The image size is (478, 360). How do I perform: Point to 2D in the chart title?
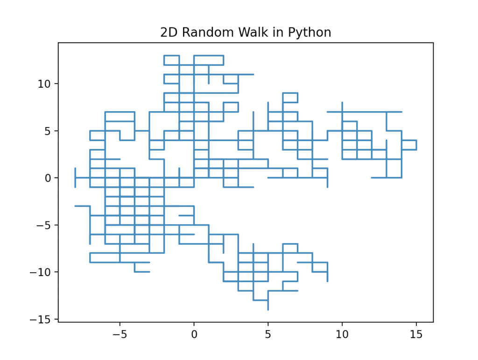click(x=168, y=33)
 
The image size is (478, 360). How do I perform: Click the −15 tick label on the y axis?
click(x=43, y=319)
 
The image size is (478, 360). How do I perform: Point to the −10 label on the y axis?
click(x=43, y=272)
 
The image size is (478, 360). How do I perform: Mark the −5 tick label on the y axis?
click(x=46, y=225)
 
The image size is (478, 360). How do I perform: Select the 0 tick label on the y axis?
click(x=50, y=178)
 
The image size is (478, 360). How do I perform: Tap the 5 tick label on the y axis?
click(x=50, y=131)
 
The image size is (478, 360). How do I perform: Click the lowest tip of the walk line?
click(x=268, y=309)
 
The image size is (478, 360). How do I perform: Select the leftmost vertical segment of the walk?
click(x=75, y=177)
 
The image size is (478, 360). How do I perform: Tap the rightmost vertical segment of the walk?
click(x=416, y=145)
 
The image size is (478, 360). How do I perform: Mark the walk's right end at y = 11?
click(x=253, y=74)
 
